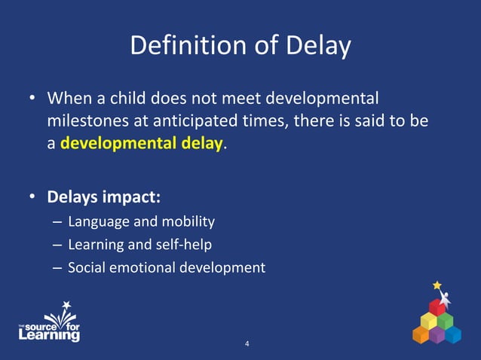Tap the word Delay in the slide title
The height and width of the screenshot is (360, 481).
[317, 47]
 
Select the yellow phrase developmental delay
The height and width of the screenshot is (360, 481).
[142, 143]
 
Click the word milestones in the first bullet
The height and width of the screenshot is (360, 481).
[85, 121]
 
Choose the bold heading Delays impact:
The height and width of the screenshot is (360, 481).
[104, 197]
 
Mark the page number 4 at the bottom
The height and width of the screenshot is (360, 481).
[247, 344]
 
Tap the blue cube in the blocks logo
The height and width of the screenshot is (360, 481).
[452, 334]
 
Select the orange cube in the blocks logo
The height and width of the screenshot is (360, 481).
[421, 334]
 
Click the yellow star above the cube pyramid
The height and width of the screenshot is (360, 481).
[437, 285]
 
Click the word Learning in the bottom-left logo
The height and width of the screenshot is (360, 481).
[49, 335]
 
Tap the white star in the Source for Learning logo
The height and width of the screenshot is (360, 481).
[66, 306]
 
